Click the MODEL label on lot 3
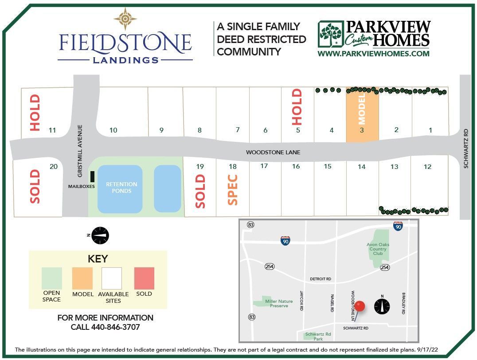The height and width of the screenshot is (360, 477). coord(362,108)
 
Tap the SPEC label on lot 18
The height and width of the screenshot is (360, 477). coord(233,190)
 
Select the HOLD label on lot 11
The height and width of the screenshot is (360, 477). coord(35,113)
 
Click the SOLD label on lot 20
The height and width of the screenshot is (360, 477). coord(35,187)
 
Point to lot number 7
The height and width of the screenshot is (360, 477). coord(238,130)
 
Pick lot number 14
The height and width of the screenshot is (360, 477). coord(362,167)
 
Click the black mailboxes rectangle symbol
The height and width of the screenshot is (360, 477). coord(92,176)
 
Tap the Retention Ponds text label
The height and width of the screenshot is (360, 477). coord(121,188)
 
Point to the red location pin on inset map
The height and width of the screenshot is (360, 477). coord(360,306)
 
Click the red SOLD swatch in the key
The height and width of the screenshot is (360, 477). coord(144,278)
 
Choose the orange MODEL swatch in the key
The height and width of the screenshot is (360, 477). coord(82,278)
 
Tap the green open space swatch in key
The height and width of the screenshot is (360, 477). coord(51,278)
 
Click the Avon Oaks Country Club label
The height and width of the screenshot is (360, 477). coord(377,249)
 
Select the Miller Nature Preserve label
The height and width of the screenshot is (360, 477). coord(279,304)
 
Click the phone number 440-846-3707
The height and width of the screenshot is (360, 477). coord(106,327)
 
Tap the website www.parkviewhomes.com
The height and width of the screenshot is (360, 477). coord(373,54)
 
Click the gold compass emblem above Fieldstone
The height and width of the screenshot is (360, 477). coord(125,19)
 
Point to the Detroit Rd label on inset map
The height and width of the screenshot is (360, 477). coord(321,279)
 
